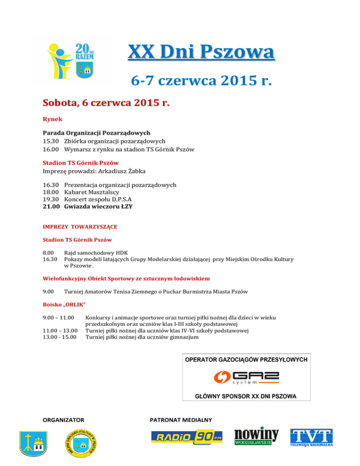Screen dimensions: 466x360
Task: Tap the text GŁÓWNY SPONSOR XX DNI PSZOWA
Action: (246, 396)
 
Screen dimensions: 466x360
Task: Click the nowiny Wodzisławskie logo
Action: (256, 436)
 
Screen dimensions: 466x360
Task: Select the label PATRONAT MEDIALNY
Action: (181, 419)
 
